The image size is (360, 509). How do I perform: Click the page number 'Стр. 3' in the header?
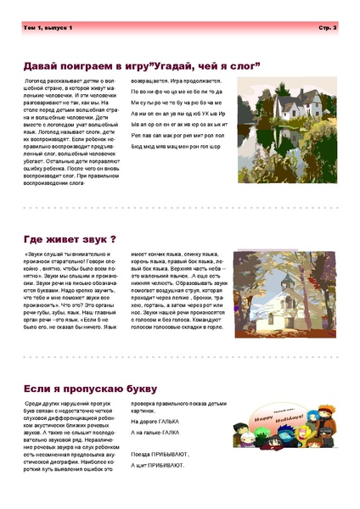tap(328, 28)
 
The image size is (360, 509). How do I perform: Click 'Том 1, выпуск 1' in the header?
tap(49, 28)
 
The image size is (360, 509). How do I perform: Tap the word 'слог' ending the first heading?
tap(239, 64)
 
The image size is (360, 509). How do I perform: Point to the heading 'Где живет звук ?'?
tap(70, 239)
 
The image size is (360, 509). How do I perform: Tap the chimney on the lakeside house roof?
tap(273, 86)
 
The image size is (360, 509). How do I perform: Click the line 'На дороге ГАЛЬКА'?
tap(155, 421)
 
